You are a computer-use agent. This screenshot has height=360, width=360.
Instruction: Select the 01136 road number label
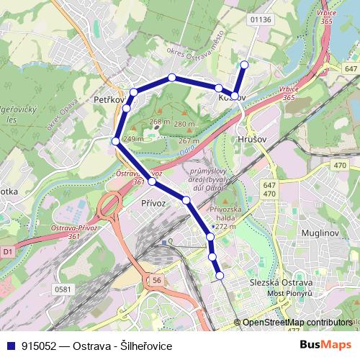coord(260,19)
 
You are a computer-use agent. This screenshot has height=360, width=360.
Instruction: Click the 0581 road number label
coord(63,289)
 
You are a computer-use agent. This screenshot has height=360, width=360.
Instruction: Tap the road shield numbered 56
coord(156,279)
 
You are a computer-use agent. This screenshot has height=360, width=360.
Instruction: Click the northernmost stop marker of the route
coord(243,65)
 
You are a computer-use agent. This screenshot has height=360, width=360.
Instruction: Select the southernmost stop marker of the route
coord(220,274)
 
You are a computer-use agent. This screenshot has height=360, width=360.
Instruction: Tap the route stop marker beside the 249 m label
coord(116,140)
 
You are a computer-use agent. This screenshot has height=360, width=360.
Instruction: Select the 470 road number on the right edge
coord(339,166)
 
